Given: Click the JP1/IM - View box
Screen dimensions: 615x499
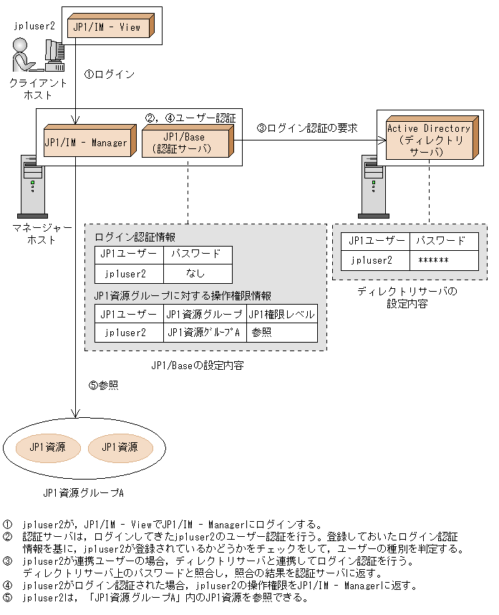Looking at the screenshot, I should (x=110, y=27).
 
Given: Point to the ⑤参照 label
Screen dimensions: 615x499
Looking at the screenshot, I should (x=103, y=385).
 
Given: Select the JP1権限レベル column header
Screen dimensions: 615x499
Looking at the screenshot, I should (x=281, y=314).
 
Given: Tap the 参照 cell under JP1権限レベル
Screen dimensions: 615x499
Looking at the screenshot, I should (x=262, y=333).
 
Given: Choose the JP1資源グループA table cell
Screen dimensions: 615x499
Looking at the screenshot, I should (x=204, y=333).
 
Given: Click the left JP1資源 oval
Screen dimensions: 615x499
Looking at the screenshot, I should (x=47, y=447).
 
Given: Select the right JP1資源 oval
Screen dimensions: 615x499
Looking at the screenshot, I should (x=119, y=447).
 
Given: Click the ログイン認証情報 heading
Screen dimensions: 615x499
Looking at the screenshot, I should (x=135, y=236).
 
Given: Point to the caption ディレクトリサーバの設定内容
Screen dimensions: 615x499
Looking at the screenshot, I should (x=407, y=297).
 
